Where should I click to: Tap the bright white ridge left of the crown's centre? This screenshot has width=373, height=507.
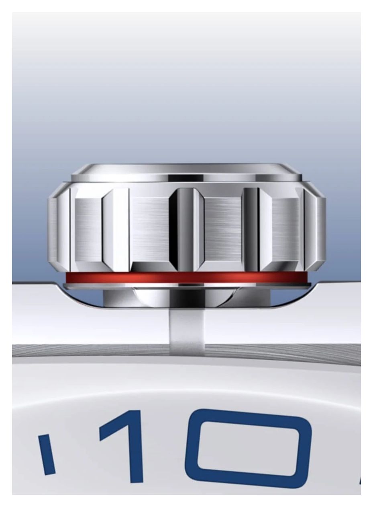(x=116, y=229)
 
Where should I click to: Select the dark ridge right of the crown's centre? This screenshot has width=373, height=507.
(x=251, y=229)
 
